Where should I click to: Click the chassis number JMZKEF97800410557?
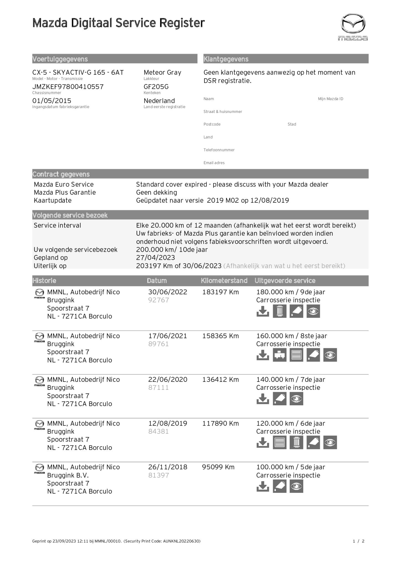68,87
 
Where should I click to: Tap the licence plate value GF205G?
156,87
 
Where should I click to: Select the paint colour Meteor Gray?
162,73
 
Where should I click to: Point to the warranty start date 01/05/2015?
52,101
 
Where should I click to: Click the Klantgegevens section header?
226,59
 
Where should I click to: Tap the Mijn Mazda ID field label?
330,99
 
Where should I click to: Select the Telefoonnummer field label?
219,150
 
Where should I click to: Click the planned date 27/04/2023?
155,258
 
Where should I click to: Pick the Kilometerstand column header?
224,281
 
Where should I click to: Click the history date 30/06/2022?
168,292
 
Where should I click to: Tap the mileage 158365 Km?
220,336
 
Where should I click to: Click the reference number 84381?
158,432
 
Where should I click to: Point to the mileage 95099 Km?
218,467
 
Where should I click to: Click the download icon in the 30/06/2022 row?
263,311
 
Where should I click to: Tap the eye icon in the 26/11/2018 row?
296,486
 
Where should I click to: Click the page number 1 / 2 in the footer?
358,541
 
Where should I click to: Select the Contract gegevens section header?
61,174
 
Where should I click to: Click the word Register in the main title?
182,23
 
